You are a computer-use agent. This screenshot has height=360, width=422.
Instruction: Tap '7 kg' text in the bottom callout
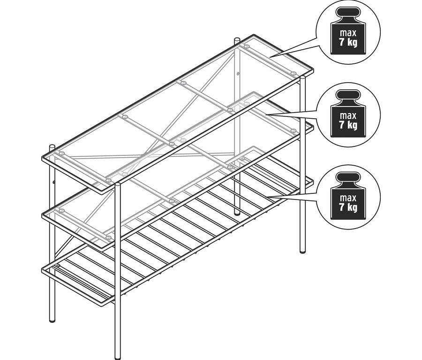click(348, 207)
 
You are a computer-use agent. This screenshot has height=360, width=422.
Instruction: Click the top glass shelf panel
click(178, 113)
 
